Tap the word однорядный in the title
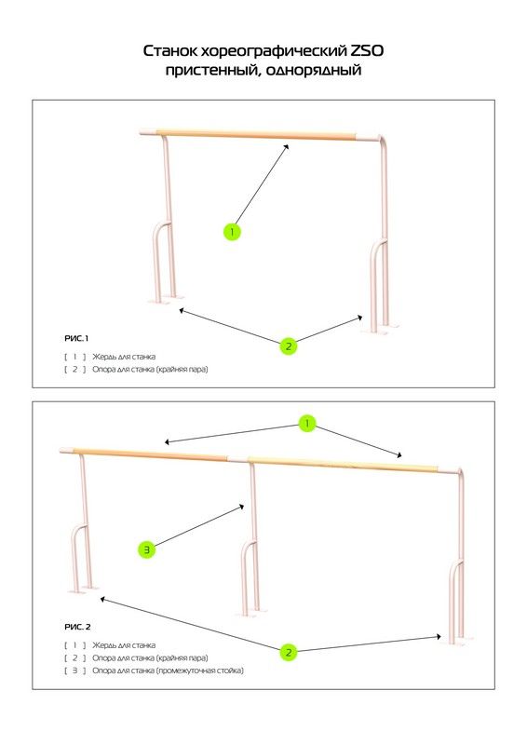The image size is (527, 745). pos(314,71)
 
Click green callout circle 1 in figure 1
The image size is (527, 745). pos(232,232)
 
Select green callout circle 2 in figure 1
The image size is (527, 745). pos(289,346)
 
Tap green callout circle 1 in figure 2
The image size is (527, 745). pos(307,424)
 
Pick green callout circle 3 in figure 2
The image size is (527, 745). pos(147,550)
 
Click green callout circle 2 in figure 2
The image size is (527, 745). pos(289,653)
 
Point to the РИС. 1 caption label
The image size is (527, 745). pos(76,338)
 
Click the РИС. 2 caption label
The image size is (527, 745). pos(77,627)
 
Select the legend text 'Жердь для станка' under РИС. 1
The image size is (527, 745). pos(124,357)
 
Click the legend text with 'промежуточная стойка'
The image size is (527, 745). pos(168,670)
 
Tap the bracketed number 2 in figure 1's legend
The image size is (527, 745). pos(75,369)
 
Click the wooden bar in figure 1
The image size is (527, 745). pos(256,135)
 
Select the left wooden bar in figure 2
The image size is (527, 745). pos(151,454)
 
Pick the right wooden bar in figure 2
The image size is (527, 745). pos(342,464)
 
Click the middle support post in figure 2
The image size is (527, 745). pos(252,537)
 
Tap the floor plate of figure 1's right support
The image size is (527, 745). pos(380,330)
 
